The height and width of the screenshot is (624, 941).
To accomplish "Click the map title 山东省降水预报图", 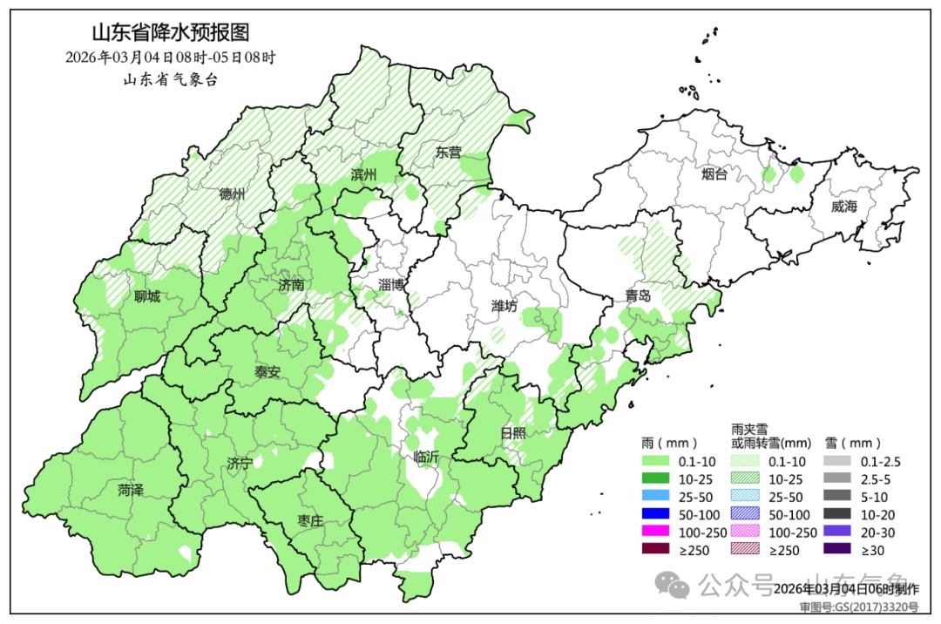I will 171,34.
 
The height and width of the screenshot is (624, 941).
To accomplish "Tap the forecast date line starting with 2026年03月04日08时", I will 171,58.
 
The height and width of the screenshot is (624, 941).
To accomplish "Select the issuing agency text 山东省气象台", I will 170,79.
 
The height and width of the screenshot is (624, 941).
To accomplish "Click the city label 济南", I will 292,285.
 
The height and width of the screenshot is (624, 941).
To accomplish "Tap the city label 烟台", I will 714,174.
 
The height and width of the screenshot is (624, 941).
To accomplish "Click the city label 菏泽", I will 131,491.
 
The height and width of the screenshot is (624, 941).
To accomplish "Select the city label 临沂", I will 427,456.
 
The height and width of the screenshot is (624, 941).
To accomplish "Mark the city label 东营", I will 449,152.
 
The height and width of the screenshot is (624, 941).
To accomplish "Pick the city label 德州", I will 233,194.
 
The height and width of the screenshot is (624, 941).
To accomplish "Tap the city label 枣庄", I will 310,520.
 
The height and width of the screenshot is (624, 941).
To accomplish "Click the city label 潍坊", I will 504,306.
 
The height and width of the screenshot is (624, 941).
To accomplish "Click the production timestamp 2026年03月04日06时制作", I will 845,588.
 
